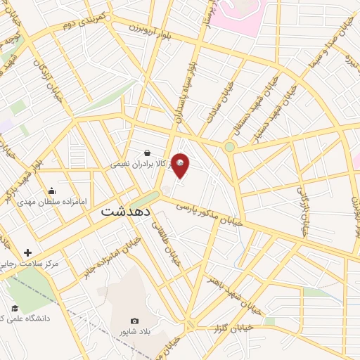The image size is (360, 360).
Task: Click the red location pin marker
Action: [181, 165]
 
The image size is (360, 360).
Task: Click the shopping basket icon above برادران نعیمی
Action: [147, 153]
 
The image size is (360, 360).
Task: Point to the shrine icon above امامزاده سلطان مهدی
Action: [51, 191]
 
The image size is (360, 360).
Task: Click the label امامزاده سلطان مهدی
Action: [52, 201]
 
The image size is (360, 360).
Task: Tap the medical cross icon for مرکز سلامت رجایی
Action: [27, 252]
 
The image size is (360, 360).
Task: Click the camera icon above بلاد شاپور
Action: [135, 320]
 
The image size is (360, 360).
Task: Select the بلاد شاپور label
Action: [135, 330]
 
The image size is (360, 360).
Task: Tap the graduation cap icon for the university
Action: [14, 309]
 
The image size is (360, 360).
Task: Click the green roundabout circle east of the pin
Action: [229, 147]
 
